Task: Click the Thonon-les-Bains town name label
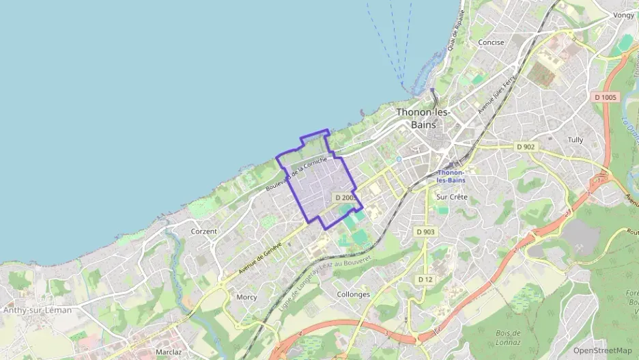(423, 118)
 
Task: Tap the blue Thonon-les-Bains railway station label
(451, 176)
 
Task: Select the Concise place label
(491, 42)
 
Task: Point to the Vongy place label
(623, 15)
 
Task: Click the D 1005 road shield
(604, 98)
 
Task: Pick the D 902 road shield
(526, 147)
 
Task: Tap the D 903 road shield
(425, 232)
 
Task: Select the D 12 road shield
(425, 279)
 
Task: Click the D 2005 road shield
(346, 197)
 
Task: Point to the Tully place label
(576, 140)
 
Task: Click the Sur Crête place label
(451, 197)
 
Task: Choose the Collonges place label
(354, 294)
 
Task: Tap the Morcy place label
(246, 297)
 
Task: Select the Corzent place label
(204, 232)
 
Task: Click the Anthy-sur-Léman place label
(38, 310)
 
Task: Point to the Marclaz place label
(168, 352)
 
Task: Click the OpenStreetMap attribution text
(603, 350)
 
